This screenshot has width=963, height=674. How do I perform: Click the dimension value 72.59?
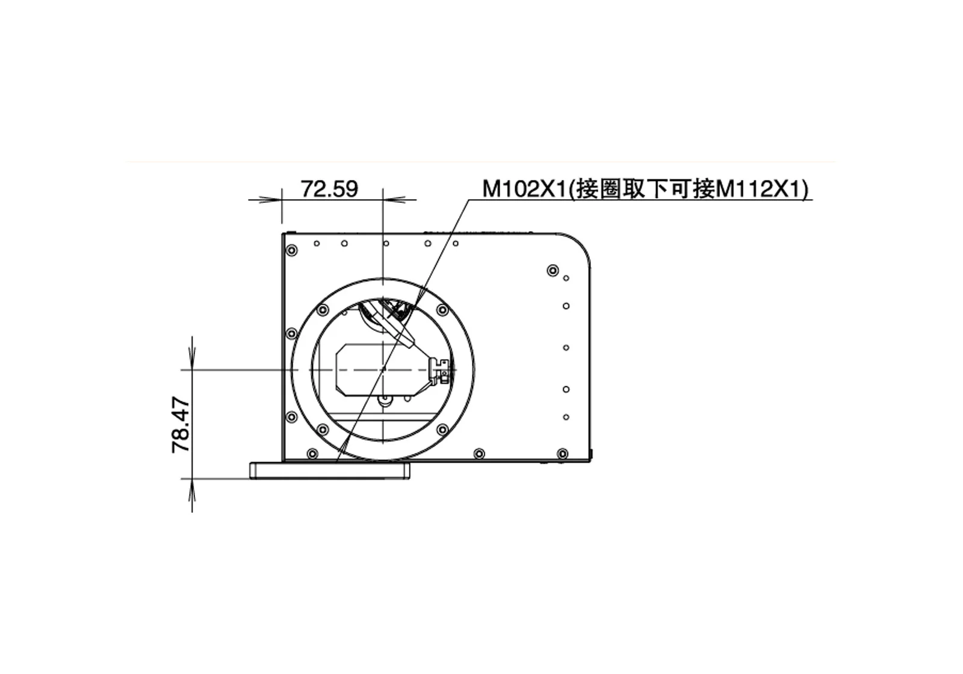click(x=329, y=189)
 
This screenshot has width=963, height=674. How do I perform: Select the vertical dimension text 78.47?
click(x=182, y=425)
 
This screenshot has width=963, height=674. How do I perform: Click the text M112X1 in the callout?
click(x=761, y=189)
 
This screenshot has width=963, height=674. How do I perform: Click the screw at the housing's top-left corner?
click(x=292, y=250)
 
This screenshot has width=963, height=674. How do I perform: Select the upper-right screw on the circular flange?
click(x=442, y=310)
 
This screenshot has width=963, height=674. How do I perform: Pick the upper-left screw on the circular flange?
click(x=322, y=310)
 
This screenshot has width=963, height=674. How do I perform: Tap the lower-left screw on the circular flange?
click(x=322, y=429)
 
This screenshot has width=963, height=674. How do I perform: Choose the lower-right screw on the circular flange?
click(x=442, y=429)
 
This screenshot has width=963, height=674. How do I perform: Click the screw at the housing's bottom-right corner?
click(x=562, y=453)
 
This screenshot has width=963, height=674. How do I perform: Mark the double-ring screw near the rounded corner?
click(x=552, y=270)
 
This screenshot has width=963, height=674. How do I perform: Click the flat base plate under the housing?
click(x=329, y=470)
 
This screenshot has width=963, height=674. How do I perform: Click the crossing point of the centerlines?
click(x=383, y=369)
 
